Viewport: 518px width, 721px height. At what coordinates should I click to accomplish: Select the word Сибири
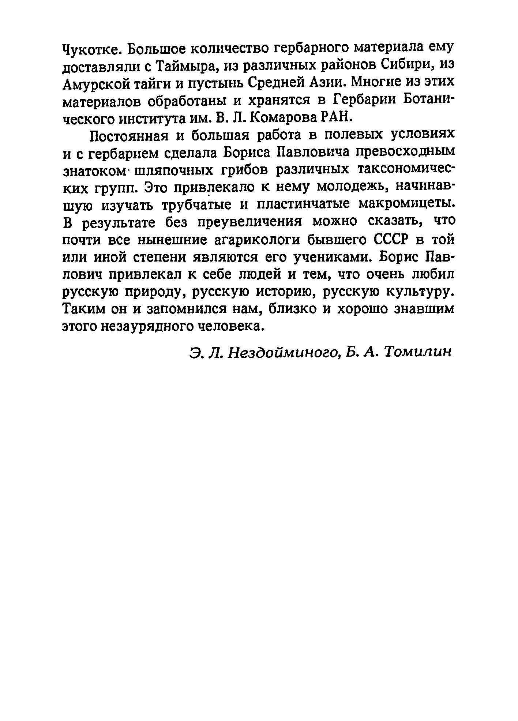[x=406, y=66]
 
